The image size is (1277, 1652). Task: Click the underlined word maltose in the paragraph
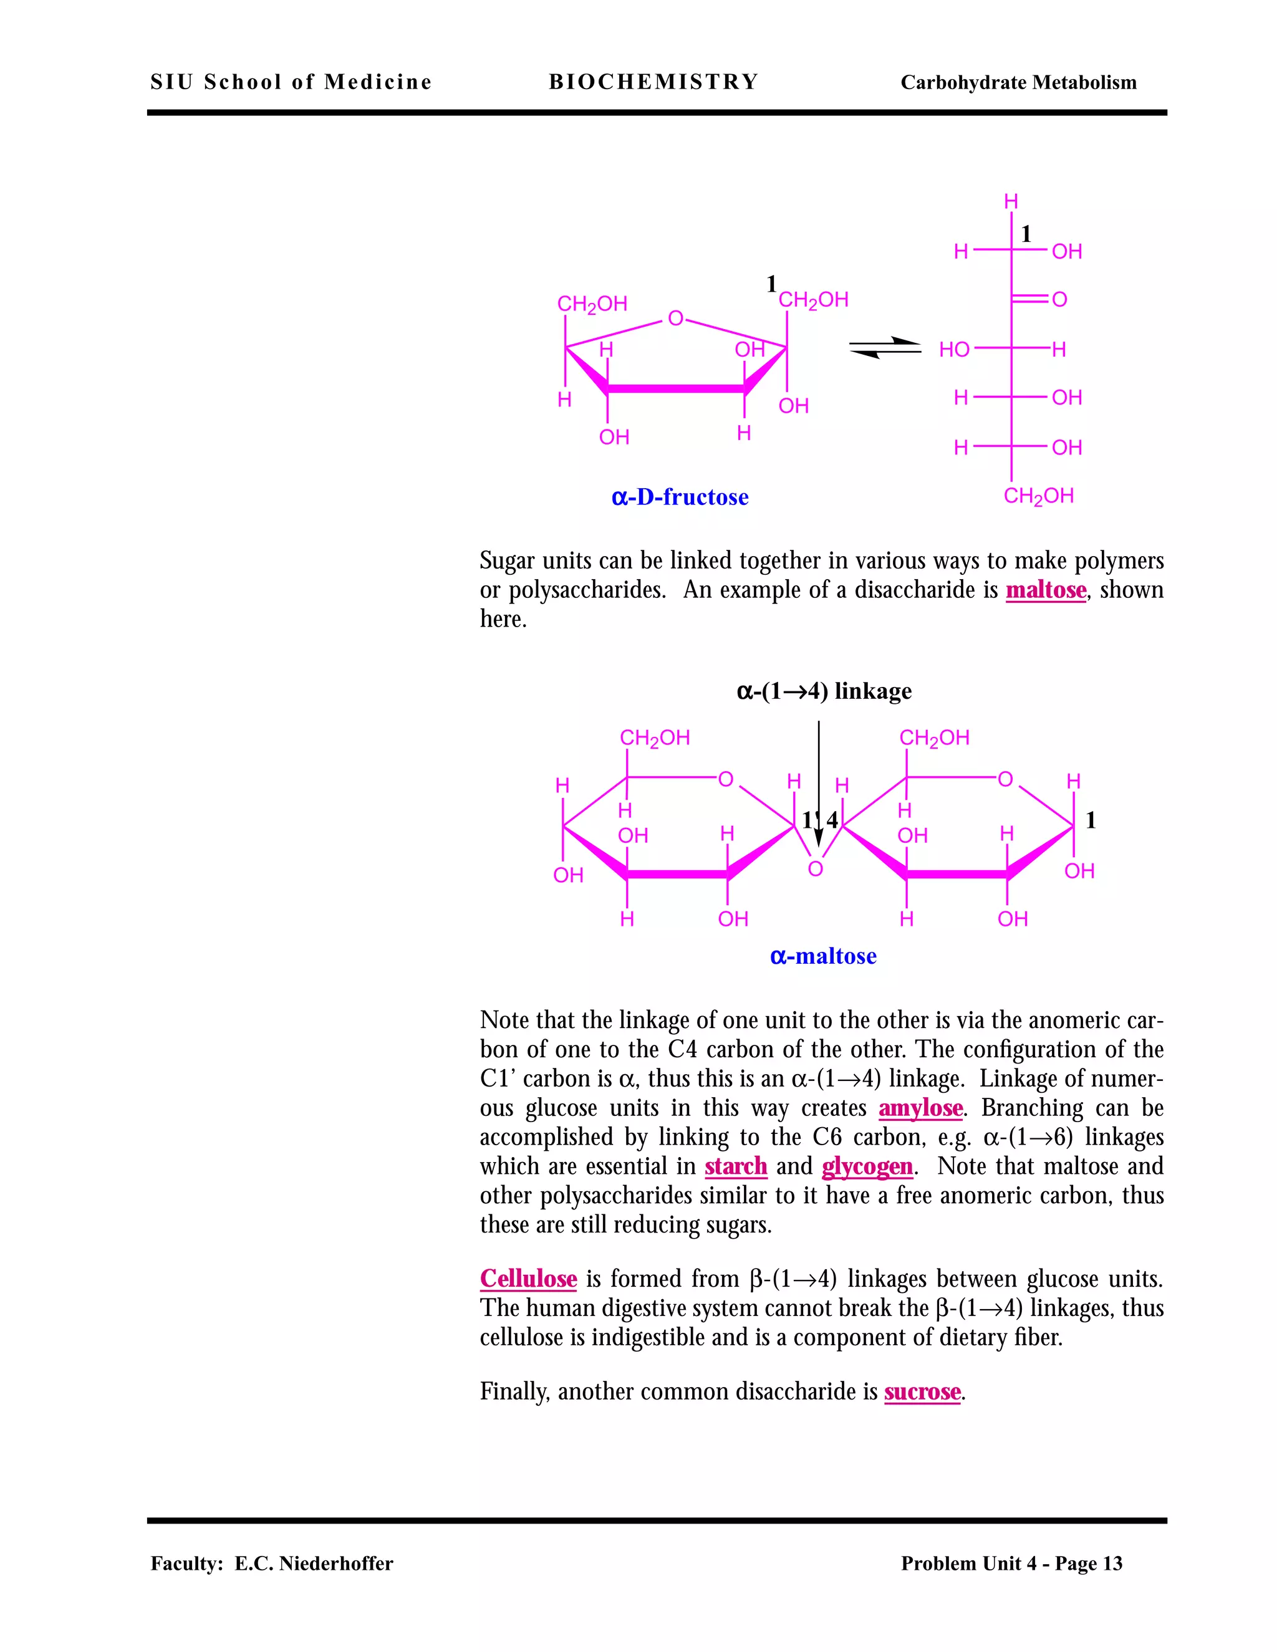click(x=1046, y=590)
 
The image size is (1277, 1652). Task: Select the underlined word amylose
click(x=920, y=1108)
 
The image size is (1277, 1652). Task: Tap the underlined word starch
click(x=735, y=1166)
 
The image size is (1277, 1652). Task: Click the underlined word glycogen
click(x=867, y=1166)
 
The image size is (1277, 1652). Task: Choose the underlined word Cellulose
click(x=528, y=1279)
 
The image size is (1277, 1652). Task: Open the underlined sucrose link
click(x=922, y=1392)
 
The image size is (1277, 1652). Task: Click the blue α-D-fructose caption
click(x=680, y=497)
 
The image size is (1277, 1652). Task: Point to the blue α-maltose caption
click(x=823, y=956)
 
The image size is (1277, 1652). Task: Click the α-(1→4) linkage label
click(x=824, y=691)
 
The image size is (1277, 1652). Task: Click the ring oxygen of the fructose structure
click(x=675, y=319)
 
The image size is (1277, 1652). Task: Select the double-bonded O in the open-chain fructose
click(x=1059, y=299)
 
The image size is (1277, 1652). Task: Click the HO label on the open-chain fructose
click(x=954, y=350)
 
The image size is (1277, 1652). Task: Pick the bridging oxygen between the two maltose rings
click(x=815, y=869)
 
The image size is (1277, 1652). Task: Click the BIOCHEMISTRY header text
click(x=653, y=82)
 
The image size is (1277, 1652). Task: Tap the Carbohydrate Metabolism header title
click(x=1018, y=82)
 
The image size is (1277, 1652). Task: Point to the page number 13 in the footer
click(x=1112, y=1563)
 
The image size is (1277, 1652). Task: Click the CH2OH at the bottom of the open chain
click(x=1038, y=496)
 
